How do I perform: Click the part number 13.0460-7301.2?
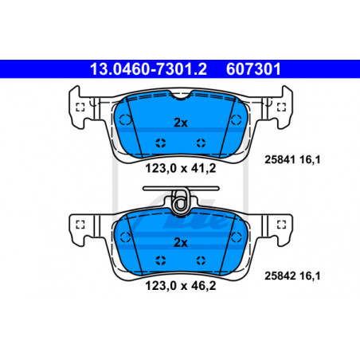point(148,69)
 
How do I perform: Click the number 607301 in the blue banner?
point(253,69)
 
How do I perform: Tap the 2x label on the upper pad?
point(181,123)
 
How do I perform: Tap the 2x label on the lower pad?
point(181,242)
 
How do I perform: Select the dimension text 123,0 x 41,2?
point(181,168)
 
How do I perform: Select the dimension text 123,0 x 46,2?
point(181,286)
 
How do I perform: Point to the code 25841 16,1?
point(292,159)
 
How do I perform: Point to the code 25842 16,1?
point(292,276)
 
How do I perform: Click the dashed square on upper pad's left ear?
point(80,108)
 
